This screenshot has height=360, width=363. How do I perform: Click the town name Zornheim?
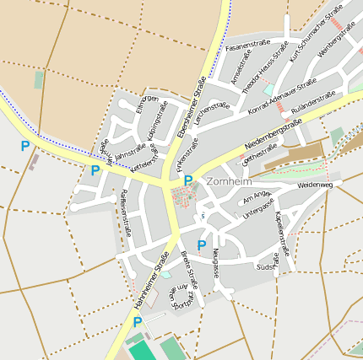pyautogui.click(x=229, y=181)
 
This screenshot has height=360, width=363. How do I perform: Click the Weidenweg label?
pyautogui.click(x=315, y=184)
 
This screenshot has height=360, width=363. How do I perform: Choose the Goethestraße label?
pyautogui.click(x=259, y=155)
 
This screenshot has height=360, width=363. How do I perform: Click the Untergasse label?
pyautogui.click(x=259, y=208)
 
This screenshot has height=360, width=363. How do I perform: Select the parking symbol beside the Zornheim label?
pyautogui.click(x=188, y=181)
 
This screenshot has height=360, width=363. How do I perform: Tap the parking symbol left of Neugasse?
pyautogui.click(x=202, y=245)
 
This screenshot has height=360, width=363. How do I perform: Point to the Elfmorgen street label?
pyautogui.click(x=148, y=104)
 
